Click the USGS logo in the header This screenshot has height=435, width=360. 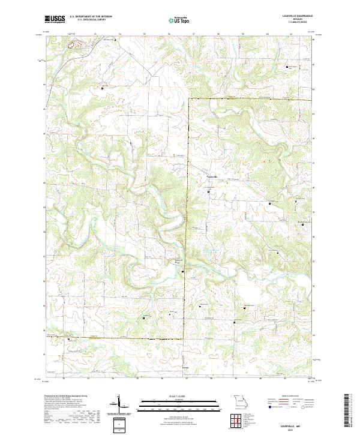[x=55, y=19]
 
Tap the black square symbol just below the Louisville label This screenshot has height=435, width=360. [x=209, y=191]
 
